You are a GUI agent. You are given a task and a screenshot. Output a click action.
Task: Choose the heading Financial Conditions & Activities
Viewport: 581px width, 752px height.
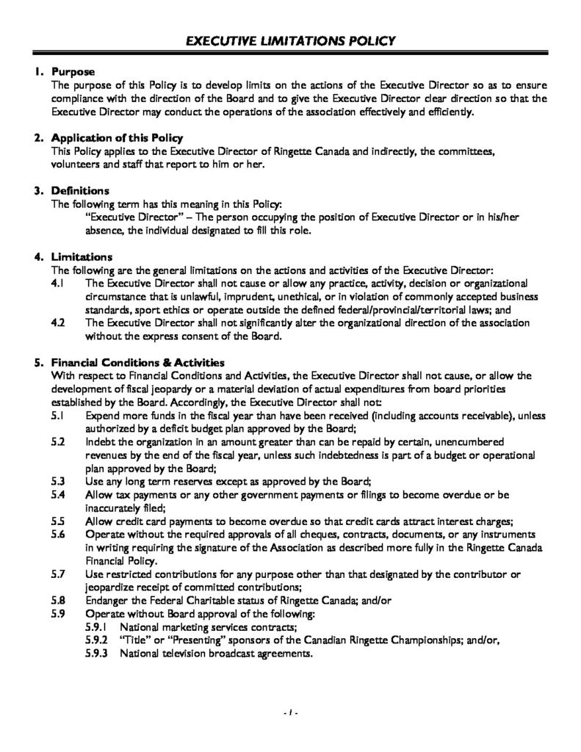click(137, 363)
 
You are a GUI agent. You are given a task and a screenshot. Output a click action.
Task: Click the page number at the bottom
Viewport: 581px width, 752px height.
click(291, 713)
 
